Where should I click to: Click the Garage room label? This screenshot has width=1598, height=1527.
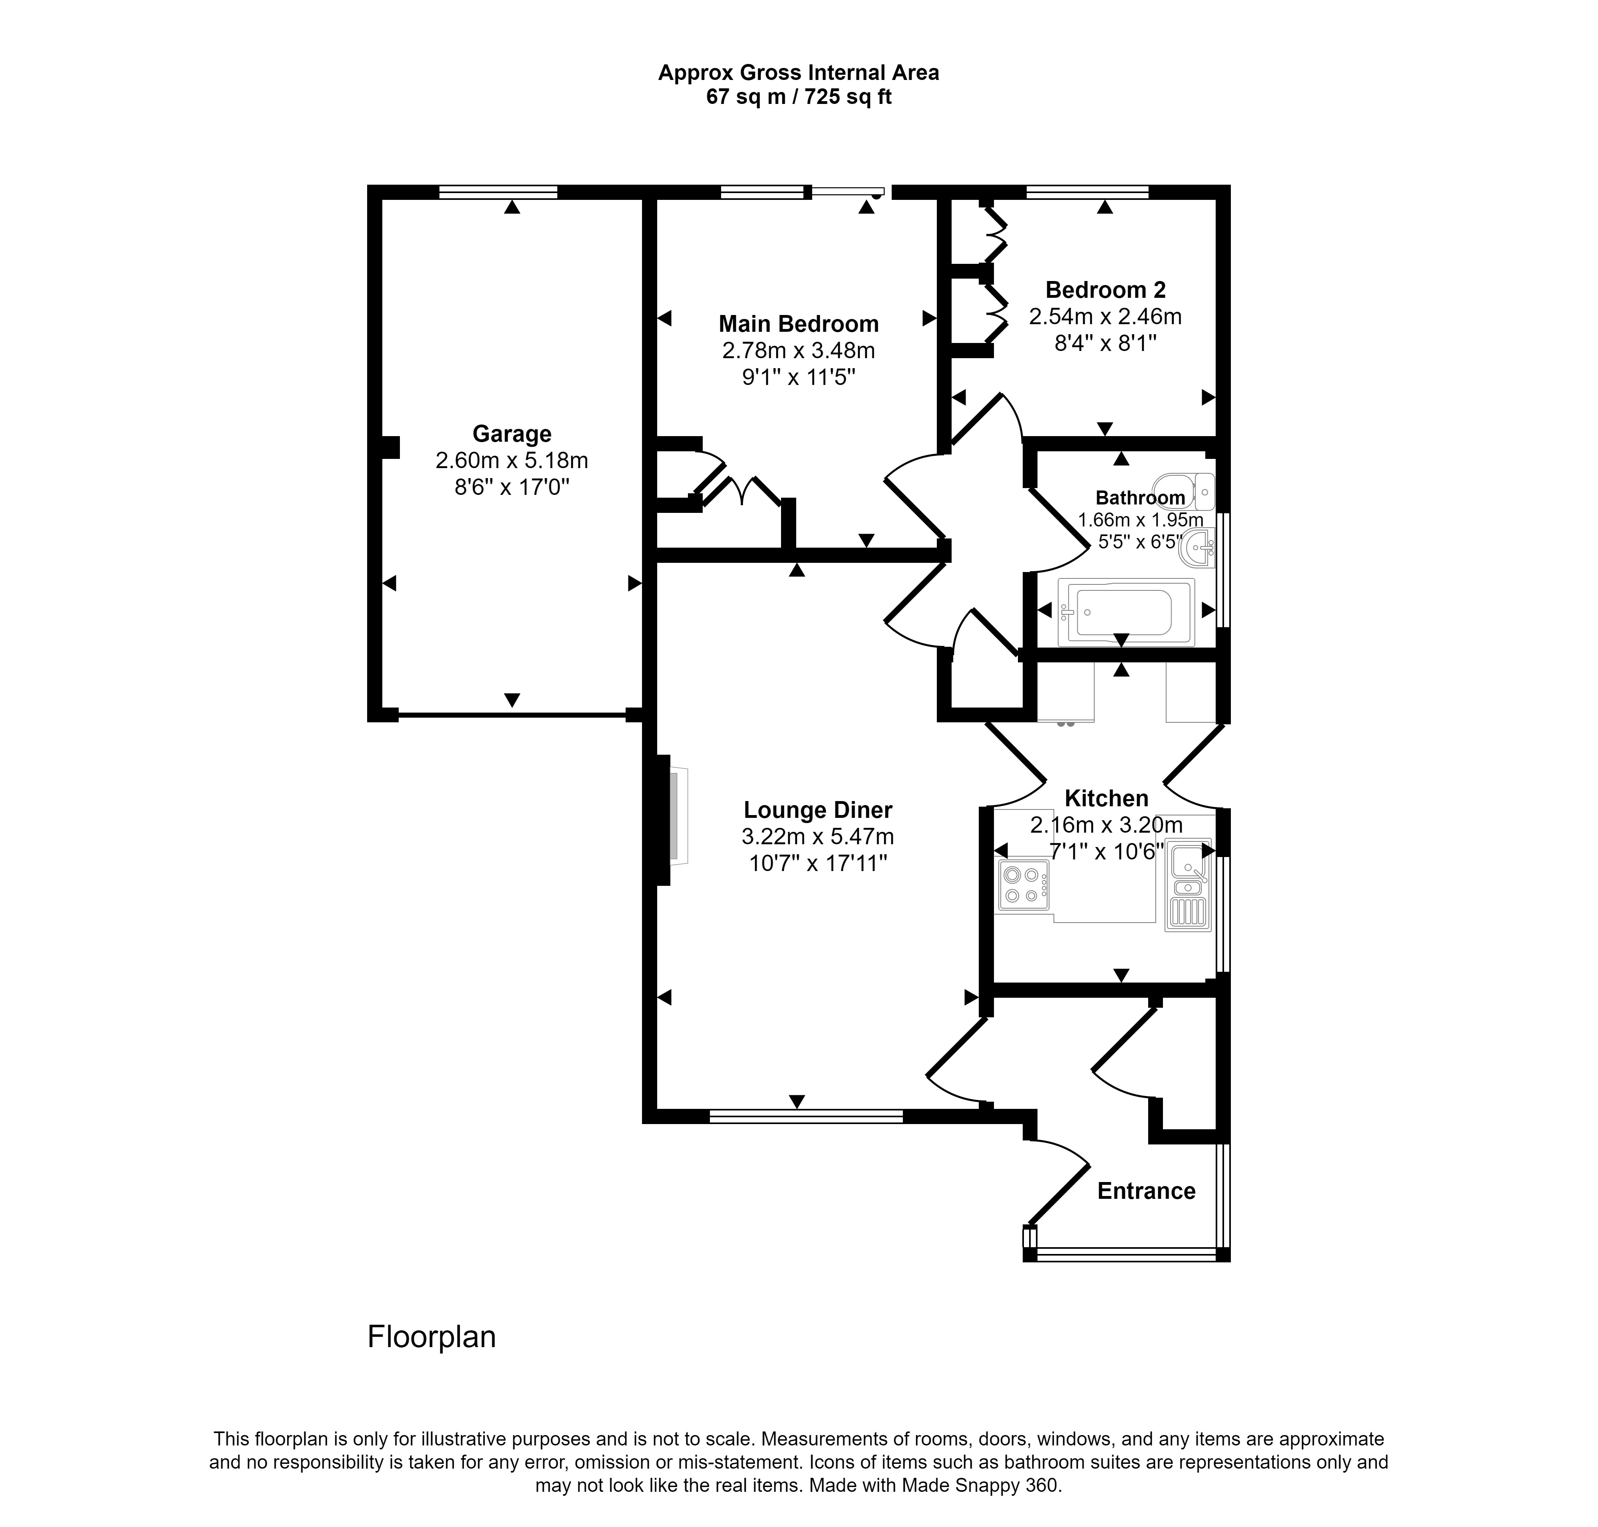(x=512, y=434)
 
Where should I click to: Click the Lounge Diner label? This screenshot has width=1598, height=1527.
(x=818, y=810)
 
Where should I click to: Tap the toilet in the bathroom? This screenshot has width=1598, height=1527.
(x=1184, y=492)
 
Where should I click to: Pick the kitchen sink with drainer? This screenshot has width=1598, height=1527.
(x=1188, y=885)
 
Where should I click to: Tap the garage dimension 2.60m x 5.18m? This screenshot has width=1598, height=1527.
(x=512, y=461)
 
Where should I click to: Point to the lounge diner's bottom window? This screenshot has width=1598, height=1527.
(x=806, y=1116)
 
